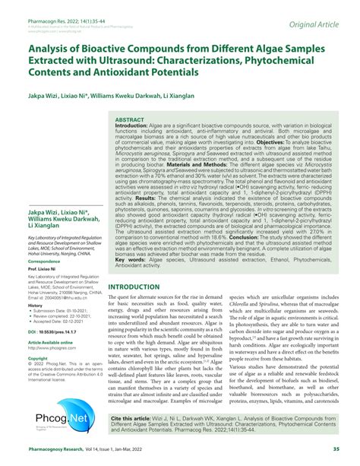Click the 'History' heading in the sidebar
[x=36, y=305]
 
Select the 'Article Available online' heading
[x=50, y=342]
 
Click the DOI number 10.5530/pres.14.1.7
[x=59, y=332]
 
